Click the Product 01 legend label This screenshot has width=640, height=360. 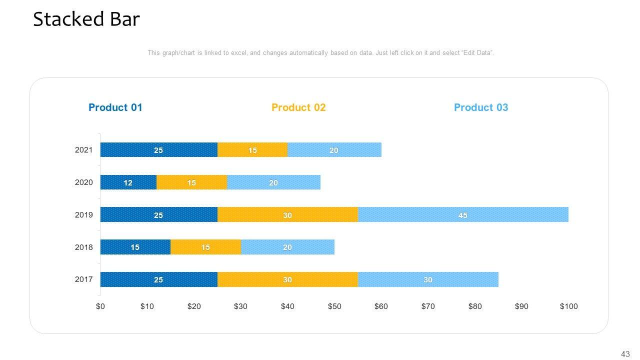coord(115,107)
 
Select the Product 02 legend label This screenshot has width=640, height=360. coord(298,107)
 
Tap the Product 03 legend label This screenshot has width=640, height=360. coord(480,107)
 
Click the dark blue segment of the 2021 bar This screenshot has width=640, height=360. coord(158,150)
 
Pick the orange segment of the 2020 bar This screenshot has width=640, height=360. coord(191,182)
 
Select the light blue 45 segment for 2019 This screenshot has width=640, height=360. coord(462,215)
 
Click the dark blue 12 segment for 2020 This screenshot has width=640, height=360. coord(128,182)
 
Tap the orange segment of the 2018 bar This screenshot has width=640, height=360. coord(205,247)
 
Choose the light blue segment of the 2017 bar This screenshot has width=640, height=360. coord(427,279)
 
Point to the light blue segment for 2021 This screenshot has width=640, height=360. coord(334,150)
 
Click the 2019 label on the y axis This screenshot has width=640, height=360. coord(83,215)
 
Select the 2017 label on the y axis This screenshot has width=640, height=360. coord(83,279)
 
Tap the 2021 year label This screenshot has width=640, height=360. coord(83,150)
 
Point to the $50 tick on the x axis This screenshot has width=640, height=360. coord(334,306)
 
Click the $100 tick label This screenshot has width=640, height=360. coord(568,306)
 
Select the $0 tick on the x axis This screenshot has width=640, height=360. coord(100,306)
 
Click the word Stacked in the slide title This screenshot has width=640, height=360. coord(62,19)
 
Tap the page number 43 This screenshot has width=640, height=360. coord(625,354)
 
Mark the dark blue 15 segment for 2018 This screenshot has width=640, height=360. coord(135,247)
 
